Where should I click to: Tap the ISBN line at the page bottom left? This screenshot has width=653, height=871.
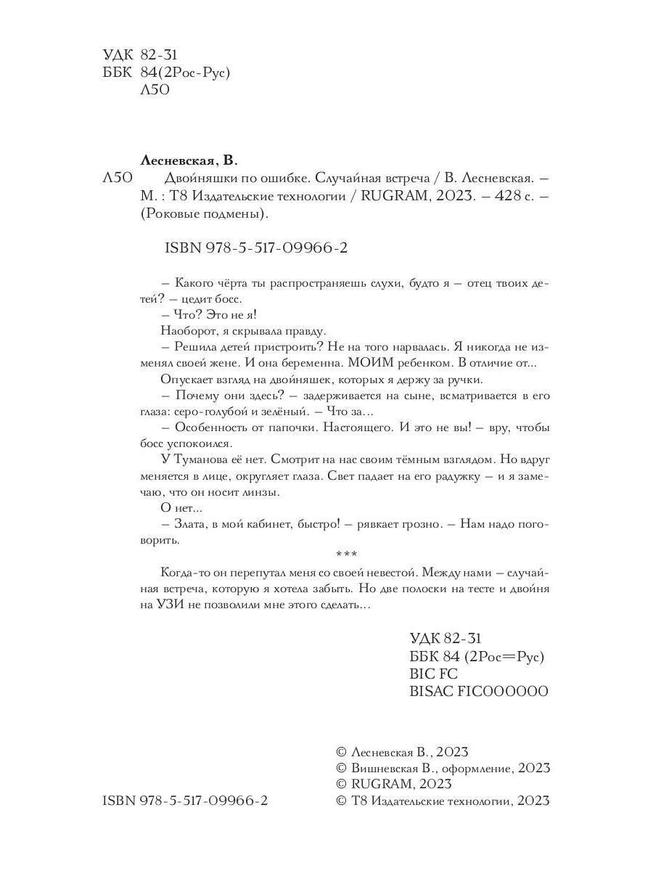(x=185, y=801)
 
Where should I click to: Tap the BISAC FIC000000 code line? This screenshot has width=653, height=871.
(x=479, y=692)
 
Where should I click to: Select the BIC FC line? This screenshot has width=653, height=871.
(x=434, y=674)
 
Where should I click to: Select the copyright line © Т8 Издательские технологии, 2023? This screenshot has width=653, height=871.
(x=443, y=801)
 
